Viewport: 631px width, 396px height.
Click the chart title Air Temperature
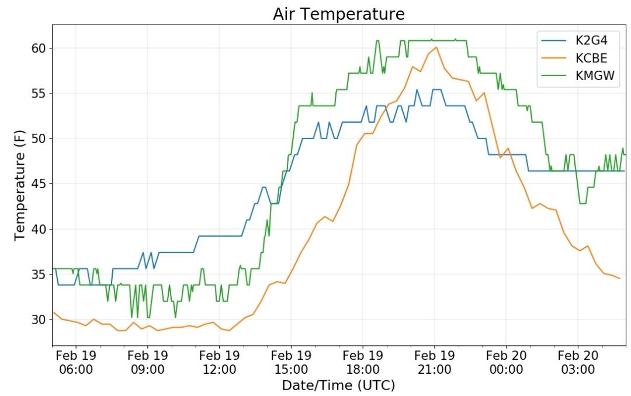pos(338,14)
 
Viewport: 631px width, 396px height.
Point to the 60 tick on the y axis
pos(39,48)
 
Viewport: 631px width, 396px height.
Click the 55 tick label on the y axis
pos(39,93)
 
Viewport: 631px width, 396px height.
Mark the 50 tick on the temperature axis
pos(39,138)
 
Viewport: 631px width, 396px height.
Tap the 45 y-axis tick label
pos(39,184)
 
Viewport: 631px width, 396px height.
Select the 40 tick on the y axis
pos(39,229)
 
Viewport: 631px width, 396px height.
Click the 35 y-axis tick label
pos(39,275)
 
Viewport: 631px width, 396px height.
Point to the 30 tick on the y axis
pos(39,319)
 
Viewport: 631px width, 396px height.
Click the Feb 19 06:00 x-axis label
pos(75,362)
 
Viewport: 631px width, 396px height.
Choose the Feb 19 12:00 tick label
pos(219,362)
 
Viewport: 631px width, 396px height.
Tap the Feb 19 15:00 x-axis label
pos(291,362)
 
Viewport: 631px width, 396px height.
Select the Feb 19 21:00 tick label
pos(434,362)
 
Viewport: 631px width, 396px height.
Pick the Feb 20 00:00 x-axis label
pos(506,362)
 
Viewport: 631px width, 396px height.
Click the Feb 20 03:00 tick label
pos(578,362)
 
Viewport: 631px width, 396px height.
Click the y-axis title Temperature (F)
pos(20,185)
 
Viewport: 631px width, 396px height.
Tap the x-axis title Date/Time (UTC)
pos(338,385)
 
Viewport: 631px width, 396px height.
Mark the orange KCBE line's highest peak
pos(436,47)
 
